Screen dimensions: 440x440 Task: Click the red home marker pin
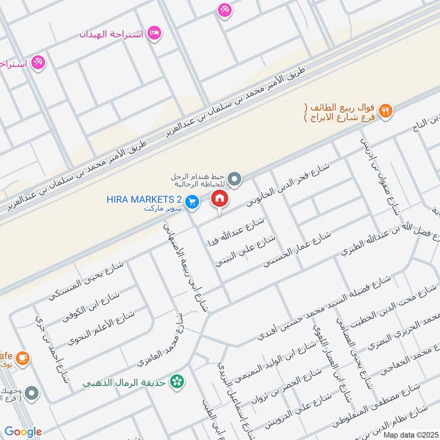click(219, 198)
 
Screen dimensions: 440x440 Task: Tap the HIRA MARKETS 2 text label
click(145, 199)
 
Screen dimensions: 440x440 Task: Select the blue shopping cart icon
click(192, 202)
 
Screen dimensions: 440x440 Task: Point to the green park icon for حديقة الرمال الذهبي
click(177, 380)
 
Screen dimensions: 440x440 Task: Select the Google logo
click(23, 432)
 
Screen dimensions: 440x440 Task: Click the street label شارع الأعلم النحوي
click(102, 328)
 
